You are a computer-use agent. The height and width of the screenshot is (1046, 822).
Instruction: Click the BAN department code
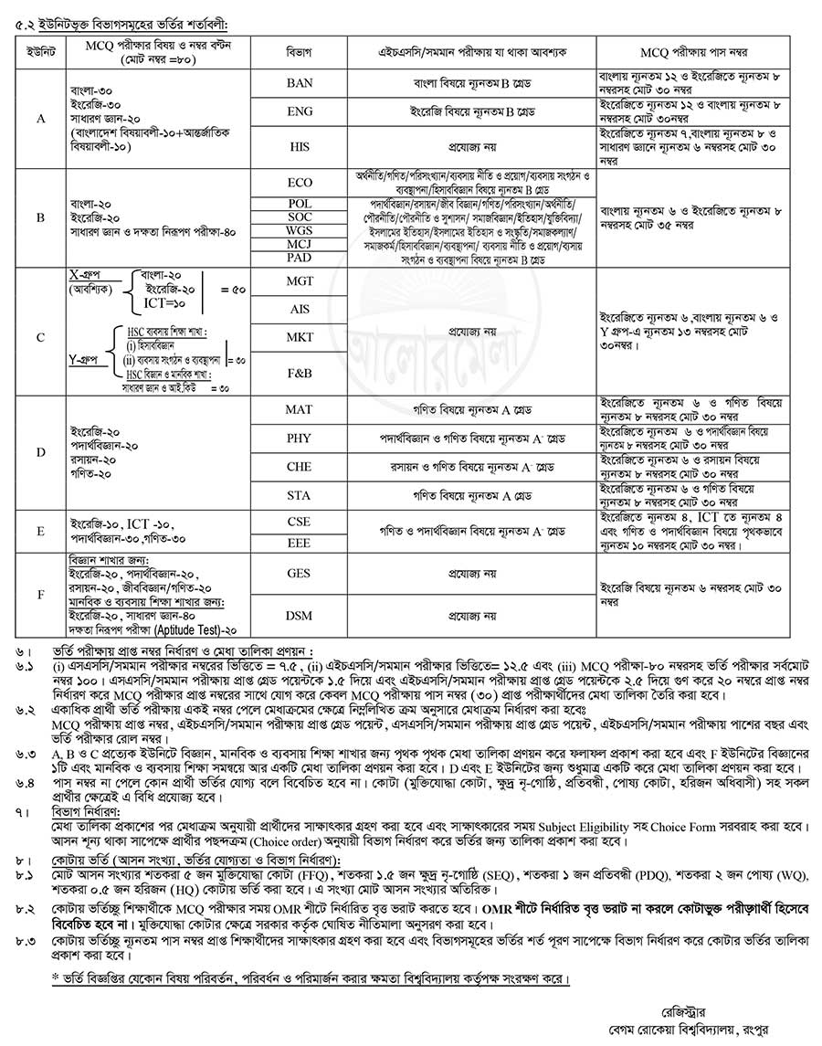coord(299,83)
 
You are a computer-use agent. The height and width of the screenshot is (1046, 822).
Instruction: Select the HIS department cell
coord(299,145)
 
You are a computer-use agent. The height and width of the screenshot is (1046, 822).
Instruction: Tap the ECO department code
coord(299,183)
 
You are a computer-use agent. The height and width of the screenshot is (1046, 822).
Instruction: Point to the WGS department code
coord(299,232)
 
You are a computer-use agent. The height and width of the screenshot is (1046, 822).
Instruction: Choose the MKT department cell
coord(299,337)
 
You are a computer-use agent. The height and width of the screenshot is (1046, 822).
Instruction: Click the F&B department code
coord(299,375)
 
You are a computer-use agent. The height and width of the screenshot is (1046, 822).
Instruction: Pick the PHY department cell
coord(299,438)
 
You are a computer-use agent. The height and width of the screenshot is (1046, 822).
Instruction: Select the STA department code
coord(299,495)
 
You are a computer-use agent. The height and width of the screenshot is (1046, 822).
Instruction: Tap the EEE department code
coord(299,543)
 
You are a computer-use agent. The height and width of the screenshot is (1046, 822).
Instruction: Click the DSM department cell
coord(299,616)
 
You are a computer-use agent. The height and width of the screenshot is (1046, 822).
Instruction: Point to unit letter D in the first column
coord(40,452)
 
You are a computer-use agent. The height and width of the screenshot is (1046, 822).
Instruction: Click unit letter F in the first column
coord(40,594)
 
